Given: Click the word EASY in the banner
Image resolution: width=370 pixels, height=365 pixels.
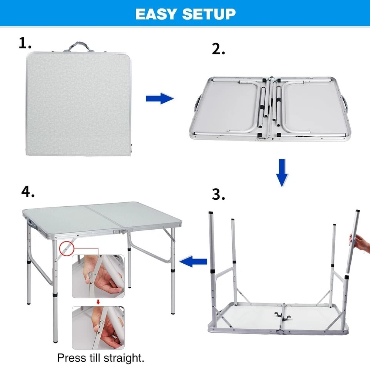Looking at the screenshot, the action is pyautogui.click(x=156, y=14).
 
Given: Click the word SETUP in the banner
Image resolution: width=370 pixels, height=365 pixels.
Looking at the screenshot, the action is pyautogui.click(x=209, y=14).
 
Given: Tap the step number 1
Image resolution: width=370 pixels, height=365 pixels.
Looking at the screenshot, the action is pyautogui.click(x=24, y=43).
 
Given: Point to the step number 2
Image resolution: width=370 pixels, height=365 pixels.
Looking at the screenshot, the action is pyautogui.click(x=218, y=49).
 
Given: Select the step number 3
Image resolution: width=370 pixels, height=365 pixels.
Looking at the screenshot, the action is pyautogui.click(x=218, y=195).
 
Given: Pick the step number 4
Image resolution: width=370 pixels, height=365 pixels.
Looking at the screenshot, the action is pyautogui.click(x=28, y=191).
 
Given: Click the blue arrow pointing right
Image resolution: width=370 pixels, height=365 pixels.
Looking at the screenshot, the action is pyautogui.click(x=159, y=98).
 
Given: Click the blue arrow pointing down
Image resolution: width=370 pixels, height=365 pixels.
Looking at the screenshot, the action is pyautogui.click(x=282, y=173).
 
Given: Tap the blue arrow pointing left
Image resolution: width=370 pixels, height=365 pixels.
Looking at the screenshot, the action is pyautogui.click(x=193, y=261).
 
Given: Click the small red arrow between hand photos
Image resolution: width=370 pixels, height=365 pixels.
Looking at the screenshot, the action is pyautogui.click(x=98, y=302).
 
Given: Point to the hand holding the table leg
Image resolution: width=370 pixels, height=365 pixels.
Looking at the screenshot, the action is pyautogui.click(x=360, y=243).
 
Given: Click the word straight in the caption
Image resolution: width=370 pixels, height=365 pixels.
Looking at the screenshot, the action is pyautogui.click(x=124, y=358).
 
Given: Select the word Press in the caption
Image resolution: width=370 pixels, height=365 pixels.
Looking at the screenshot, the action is pyautogui.click(x=71, y=358).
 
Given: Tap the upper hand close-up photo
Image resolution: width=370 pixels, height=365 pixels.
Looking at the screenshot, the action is pyautogui.click(x=98, y=276).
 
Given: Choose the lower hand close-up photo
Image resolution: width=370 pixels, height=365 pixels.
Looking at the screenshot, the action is pyautogui.click(x=98, y=328).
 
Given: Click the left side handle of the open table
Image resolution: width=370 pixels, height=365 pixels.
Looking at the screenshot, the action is pyautogui.click(x=197, y=104).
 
